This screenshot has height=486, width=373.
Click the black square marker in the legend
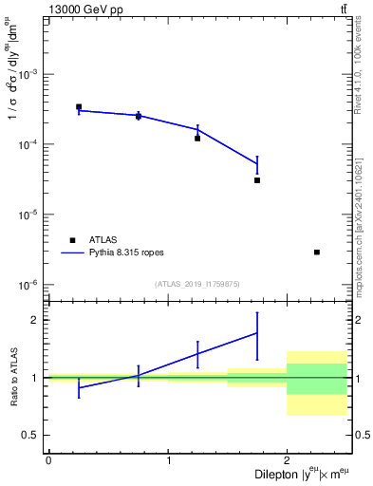72,240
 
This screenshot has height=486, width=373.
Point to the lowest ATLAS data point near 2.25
317,252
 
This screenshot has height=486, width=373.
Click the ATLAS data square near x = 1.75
257,179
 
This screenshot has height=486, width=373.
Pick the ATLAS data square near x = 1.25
197,139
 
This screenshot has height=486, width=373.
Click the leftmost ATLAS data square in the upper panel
79,107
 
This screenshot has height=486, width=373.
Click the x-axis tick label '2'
287,460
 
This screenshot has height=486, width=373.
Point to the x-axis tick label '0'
47,460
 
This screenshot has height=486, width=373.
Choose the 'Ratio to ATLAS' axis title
12,377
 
